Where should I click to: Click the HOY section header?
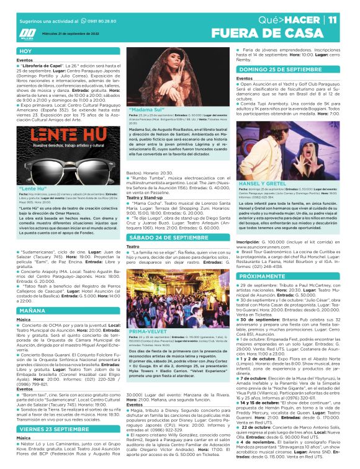click(x=25, y=51)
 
